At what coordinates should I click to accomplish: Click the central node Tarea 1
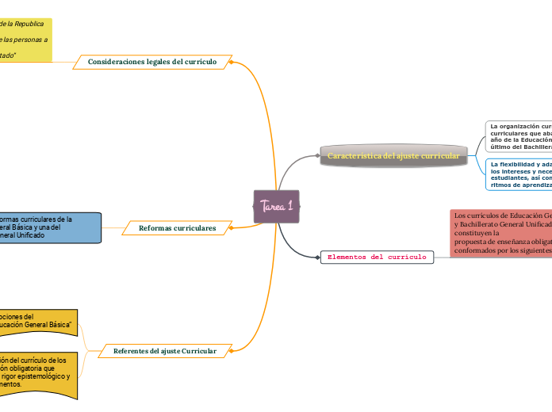pos(276,206)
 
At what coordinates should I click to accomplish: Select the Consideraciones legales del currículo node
pos(151,61)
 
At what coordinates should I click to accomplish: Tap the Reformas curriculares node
pos(177,228)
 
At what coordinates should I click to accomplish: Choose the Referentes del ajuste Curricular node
pos(164,350)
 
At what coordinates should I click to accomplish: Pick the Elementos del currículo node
pos(377,257)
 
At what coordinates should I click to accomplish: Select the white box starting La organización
pos(519,136)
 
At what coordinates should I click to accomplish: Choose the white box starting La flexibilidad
pos(519,174)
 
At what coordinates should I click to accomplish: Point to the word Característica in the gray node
pos(355,156)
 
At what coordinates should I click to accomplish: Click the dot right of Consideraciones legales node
pos(231,61)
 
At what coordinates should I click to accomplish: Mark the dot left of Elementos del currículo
pos(317,257)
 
